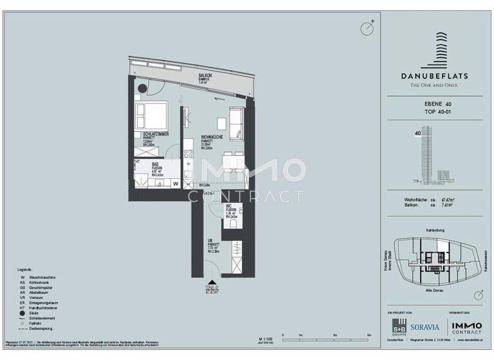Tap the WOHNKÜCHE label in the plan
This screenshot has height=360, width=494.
212,137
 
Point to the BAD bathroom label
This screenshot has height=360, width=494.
138,165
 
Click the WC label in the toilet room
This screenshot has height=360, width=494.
228,206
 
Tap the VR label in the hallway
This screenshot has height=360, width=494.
210,241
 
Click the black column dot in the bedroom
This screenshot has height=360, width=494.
142,89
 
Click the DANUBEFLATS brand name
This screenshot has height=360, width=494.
435,76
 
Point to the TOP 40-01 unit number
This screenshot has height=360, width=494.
435,112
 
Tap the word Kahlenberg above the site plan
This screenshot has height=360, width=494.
435,230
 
